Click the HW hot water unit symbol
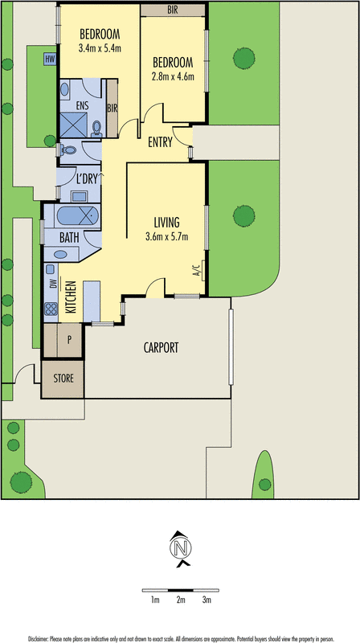50,59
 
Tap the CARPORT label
162,348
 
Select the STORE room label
63,378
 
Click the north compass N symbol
181,548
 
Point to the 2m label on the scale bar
181,600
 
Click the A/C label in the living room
195,270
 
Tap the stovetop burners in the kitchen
51,309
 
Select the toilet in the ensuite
96,129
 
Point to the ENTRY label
161,142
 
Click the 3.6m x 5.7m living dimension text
167,236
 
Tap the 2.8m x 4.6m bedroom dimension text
173,76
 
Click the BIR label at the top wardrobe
173,10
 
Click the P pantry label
70,339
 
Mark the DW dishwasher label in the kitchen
51,285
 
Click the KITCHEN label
72,297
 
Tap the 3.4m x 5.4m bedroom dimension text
100,48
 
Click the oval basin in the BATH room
60,255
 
